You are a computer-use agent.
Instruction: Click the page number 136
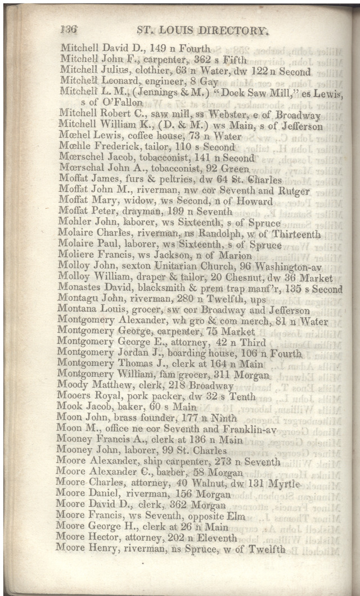[x=69, y=31]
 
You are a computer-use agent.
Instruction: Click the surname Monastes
[x=80, y=289]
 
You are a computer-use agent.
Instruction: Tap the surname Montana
[x=79, y=311]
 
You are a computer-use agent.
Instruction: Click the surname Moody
[x=74, y=386]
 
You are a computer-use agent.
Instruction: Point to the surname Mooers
[x=75, y=397]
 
